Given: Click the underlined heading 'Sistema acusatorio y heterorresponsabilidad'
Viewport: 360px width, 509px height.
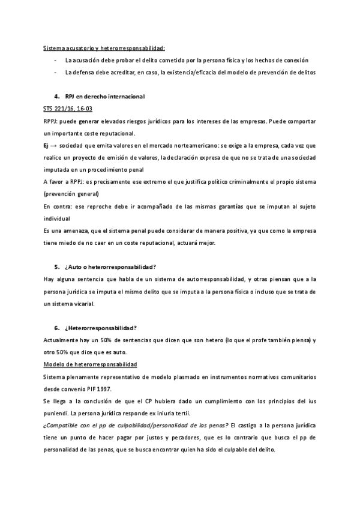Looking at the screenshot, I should (x=104, y=48).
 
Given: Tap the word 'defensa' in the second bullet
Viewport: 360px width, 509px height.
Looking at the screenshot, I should (x=86, y=73).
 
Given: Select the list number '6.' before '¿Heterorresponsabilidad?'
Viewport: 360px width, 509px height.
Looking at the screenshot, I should (x=56, y=328).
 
